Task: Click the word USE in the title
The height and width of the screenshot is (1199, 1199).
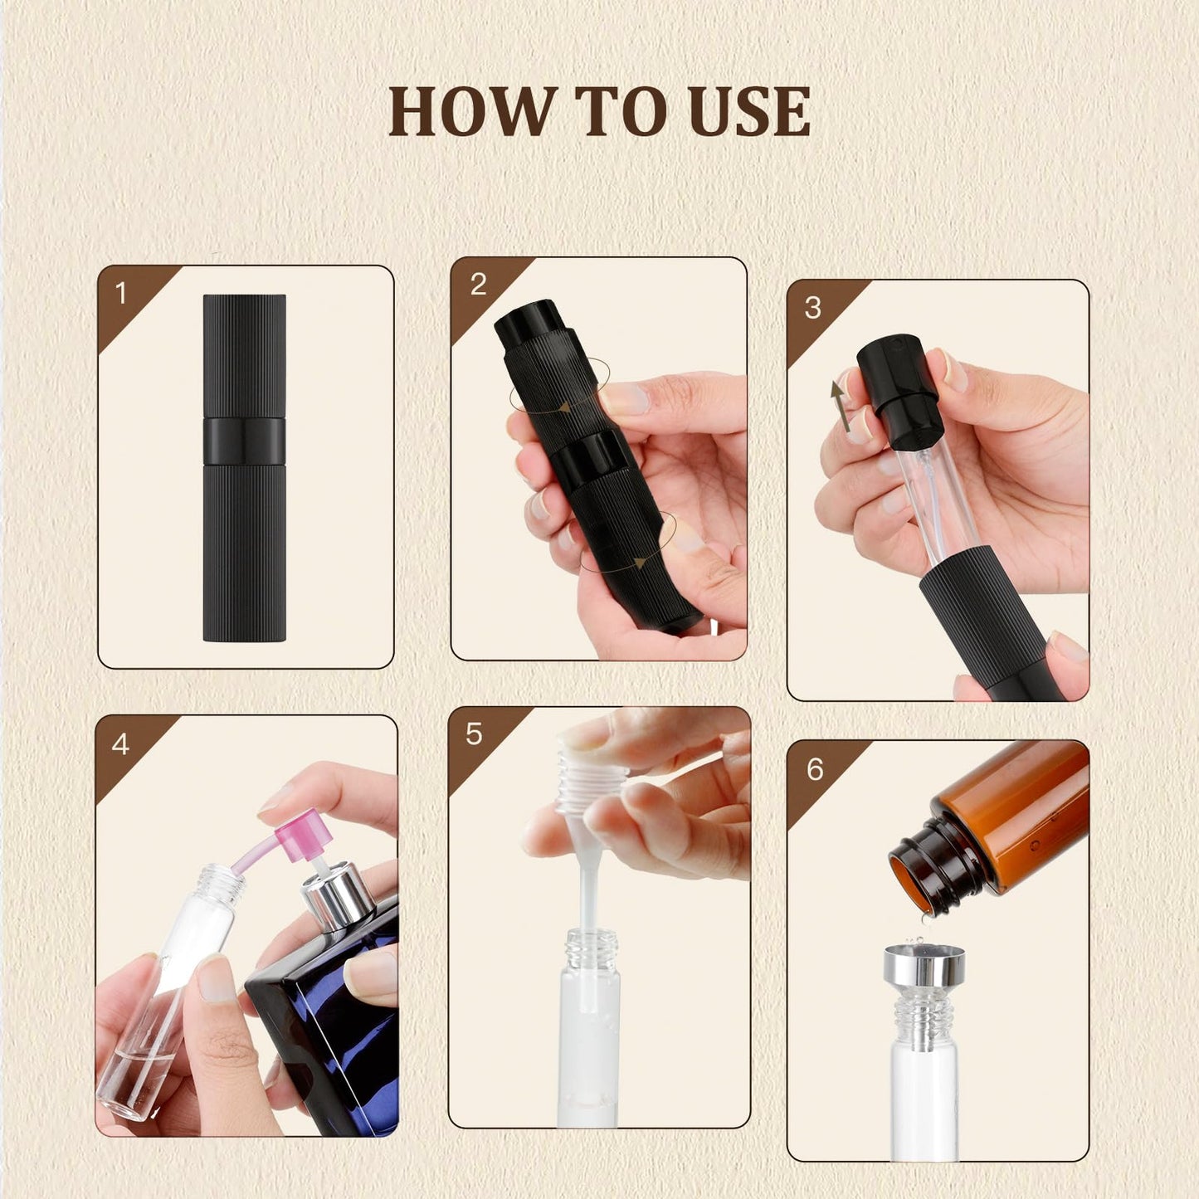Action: click(748, 111)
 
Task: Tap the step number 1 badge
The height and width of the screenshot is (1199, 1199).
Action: click(121, 293)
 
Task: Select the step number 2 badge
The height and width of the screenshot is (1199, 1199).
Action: click(478, 285)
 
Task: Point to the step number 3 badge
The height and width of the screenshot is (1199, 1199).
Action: click(813, 308)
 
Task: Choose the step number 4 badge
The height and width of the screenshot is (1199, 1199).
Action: click(120, 743)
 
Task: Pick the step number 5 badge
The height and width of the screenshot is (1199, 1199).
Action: click(474, 734)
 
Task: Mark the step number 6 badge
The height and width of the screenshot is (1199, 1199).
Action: click(815, 769)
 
